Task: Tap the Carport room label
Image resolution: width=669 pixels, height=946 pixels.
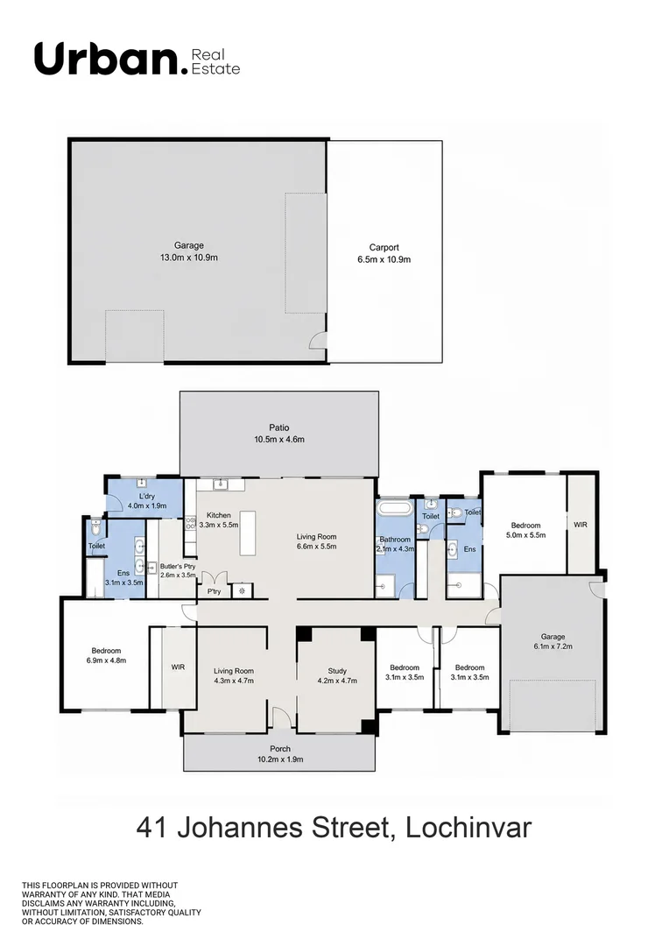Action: pyautogui.click(x=384, y=247)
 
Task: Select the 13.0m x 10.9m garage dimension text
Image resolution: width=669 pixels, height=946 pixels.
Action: pyautogui.click(x=189, y=258)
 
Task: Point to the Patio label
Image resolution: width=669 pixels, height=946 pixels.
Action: pyautogui.click(x=278, y=427)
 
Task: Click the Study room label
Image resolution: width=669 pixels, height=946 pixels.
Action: pyautogui.click(x=337, y=671)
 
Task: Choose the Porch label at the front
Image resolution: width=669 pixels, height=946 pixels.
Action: pyautogui.click(x=280, y=749)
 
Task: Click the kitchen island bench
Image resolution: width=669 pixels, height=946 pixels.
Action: pyautogui.click(x=248, y=533)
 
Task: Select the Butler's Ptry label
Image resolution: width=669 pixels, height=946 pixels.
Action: pyautogui.click(x=178, y=567)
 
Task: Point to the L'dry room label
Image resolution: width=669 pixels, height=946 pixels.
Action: pyautogui.click(x=146, y=497)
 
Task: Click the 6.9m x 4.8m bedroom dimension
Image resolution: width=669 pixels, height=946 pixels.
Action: pyautogui.click(x=106, y=660)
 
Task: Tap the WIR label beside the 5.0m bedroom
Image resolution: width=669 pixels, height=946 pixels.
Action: pyautogui.click(x=581, y=525)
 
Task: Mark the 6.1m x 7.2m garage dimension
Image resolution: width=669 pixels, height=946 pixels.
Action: pyautogui.click(x=553, y=646)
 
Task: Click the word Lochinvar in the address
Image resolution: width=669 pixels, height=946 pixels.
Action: pyautogui.click(x=468, y=828)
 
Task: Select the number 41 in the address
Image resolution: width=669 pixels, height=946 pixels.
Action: pyautogui.click(x=152, y=828)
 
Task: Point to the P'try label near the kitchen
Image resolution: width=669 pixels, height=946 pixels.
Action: pyautogui.click(x=215, y=592)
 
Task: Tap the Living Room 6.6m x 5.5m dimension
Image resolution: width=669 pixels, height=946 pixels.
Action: pyautogui.click(x=316, y=547)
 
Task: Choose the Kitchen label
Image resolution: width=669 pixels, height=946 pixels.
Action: pyautogui.click(x=218, y=515)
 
